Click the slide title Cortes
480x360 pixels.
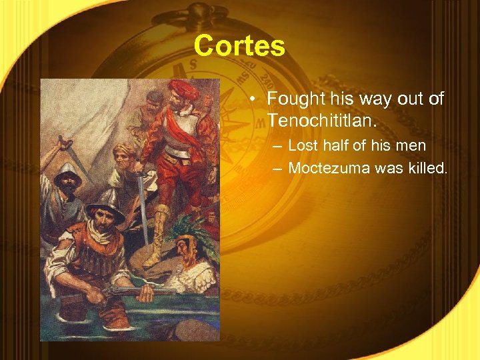pyautogui.click(x=239, y=46)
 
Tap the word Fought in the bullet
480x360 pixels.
pyautogui.click(x=295, y=99)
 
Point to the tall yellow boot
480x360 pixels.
pyautogui.click(x=157, y=233)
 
